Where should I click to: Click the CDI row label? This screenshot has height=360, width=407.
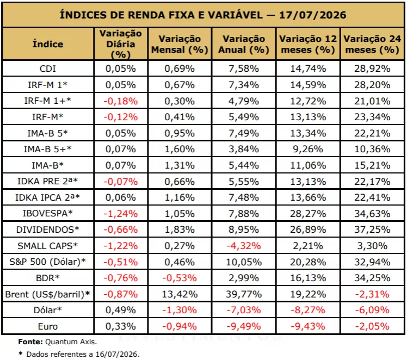click(48, 69)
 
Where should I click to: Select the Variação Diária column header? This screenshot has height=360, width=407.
click(121, 44)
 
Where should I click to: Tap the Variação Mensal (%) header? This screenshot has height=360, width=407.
click(180, 44)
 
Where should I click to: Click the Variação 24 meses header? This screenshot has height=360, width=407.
click(372, 44)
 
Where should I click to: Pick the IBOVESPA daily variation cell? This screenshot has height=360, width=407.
click(121, 214)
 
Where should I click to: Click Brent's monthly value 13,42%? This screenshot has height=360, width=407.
click(180, 294)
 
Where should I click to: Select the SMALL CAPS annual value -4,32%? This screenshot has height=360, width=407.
click(244, 246)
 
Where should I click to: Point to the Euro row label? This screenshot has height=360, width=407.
click(48, 326)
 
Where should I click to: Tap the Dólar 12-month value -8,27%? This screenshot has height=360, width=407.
click(308, 310)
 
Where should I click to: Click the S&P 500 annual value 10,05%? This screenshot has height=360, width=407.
click(244, 262)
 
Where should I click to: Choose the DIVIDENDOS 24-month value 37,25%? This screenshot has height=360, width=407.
click(372, 230)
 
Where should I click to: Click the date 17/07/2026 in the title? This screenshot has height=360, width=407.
click(312, 15)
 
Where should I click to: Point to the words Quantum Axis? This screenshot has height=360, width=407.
click(71, 342)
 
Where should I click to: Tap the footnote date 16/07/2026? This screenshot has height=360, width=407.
click(118, 354)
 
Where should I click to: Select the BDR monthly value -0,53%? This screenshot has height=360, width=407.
click(180, 278)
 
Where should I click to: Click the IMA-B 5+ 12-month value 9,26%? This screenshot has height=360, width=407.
click(308, 149)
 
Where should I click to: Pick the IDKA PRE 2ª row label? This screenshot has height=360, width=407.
click(48, 181)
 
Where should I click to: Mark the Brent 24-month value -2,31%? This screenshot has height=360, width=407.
click(372, 294)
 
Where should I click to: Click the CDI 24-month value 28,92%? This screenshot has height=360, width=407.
click(372, 69)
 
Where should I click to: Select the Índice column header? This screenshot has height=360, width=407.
click(48, 44)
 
